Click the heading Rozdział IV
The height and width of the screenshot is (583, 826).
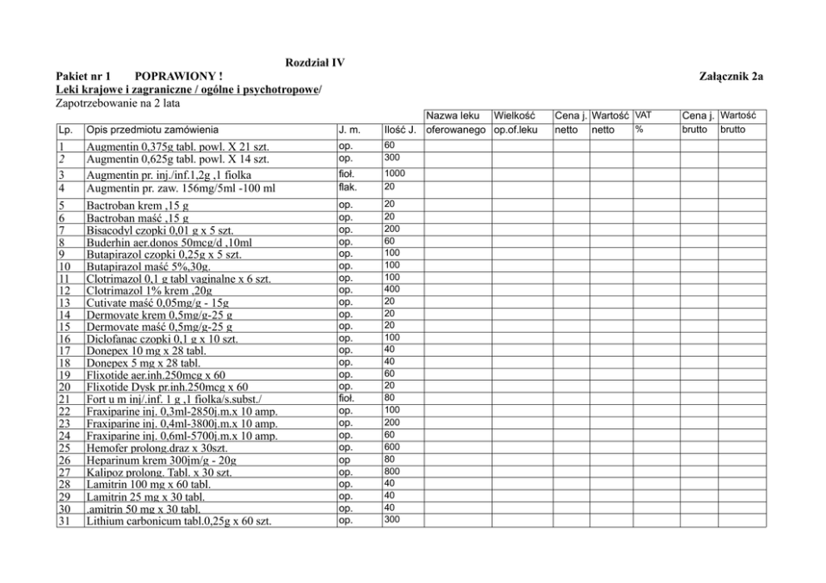315,62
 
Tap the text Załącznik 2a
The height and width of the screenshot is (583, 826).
734,77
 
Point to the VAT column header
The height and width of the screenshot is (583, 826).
644,116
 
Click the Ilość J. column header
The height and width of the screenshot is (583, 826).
400,131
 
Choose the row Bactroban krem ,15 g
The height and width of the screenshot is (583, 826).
137,205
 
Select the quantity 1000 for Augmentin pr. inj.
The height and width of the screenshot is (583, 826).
396,172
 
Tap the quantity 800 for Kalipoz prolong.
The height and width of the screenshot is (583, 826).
391,470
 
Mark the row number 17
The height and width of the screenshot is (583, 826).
63,351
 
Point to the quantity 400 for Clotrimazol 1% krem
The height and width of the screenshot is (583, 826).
391,289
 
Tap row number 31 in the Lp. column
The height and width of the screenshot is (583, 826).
63,521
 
